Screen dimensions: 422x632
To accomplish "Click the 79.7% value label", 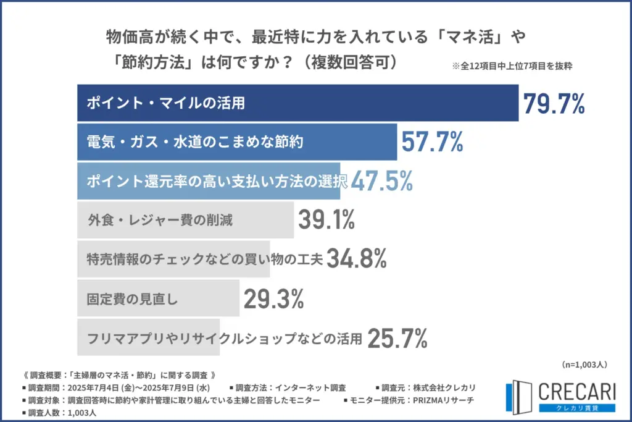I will click(x=554, y=103).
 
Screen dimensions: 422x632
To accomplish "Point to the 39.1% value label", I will click(x=326, y=219).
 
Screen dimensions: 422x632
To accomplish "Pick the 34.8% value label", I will click(x=356, y=259).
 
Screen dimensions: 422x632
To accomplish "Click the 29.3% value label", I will click(x=273, y=299).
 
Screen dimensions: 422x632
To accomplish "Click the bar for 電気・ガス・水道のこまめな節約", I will click(x=237, y=141).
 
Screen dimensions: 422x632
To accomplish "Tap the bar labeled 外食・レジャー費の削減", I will click(x=185, y=219).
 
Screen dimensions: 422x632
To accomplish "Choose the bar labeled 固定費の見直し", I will click(x=158, y=299).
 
